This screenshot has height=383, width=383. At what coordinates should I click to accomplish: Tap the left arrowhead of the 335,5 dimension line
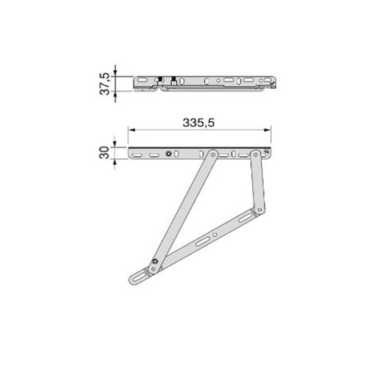coord(132,131)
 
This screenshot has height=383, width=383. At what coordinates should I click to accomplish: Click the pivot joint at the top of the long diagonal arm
coord(213,154)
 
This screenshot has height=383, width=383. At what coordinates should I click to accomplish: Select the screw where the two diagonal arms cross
coord(155,264)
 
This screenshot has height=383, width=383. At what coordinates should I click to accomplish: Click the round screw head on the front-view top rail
coord(169,153)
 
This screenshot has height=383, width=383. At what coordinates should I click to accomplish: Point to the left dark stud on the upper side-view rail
coord(162,81)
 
